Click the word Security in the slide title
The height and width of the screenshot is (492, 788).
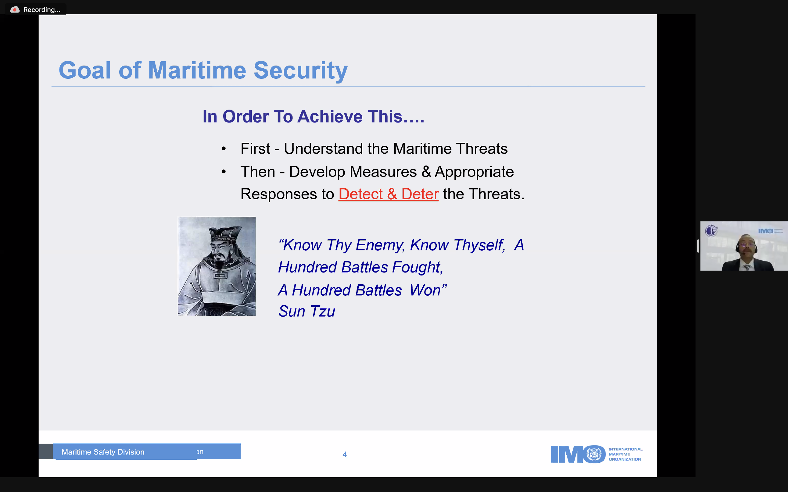click(300, 71)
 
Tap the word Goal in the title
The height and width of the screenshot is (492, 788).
click(85, 70)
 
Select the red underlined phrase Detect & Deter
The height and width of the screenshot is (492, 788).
click(389, 194)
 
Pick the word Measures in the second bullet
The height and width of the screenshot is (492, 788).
click(383, 172)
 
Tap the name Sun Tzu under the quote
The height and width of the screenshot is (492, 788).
click(306, 311)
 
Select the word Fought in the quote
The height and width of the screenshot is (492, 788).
click(418, 268)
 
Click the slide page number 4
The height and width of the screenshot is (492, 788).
click(344, 454)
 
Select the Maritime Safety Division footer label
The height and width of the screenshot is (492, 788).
click(103, 452)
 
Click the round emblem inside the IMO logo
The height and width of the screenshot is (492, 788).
click(594, 454)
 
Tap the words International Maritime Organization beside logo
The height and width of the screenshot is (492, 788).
click(625, 454)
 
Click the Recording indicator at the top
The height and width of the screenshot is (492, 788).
click(36, 10)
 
